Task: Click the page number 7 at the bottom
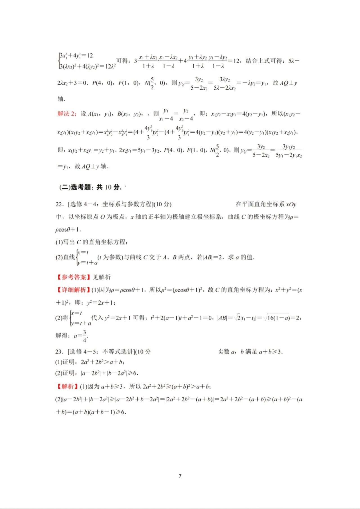(x=180, y=476)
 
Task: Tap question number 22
(x=60, y=204)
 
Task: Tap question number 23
(x=59, y=352)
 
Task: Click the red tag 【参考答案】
(x=73, y=277)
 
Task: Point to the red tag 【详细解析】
(x=73, y=290)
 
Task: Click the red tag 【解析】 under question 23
(x=67, y=386)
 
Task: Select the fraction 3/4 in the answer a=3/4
(x=84, y=336)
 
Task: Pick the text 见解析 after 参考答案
(x=102, y=277)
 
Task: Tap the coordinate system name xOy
(x=291, y=204)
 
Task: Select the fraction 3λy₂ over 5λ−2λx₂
(x=224, y=83)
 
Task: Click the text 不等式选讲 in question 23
(x=118, y=352)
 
